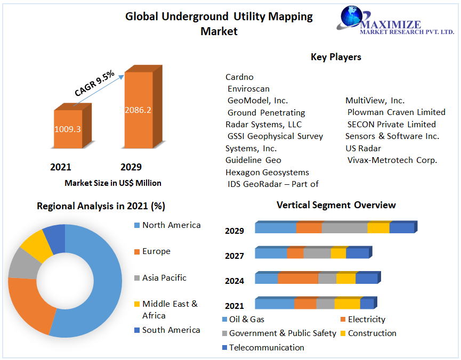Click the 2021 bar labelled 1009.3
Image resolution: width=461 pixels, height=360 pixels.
pyautogui.click(x=68, y=129)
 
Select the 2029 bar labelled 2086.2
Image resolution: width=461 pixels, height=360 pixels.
pyautogui.click(x=138, y=110)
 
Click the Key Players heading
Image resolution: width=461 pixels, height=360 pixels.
pyautogui.click(x=336, y=57)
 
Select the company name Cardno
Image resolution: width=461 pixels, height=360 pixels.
pyautogui.click(x=239, y=77)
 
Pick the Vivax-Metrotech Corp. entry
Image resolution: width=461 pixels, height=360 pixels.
pyautogui.click(x=392, y=160)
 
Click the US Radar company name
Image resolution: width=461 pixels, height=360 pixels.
pyautogui.click(x=363, y=148)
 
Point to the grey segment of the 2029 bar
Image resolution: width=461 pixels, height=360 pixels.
pyautogui.click(x=344, y=228)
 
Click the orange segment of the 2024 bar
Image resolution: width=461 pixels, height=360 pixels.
pyautogui.click(x=298, y=279)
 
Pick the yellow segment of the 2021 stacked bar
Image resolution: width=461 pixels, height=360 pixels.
pyautogui.click(x=347, y=304)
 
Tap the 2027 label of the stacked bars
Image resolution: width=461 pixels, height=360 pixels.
pyautogui.click(x=234, y=256)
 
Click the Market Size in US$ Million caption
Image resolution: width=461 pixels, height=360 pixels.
pyautogui.click(x=113, y=183)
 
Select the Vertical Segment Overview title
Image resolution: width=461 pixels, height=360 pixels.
pyautogui.click(x=336, y=205)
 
